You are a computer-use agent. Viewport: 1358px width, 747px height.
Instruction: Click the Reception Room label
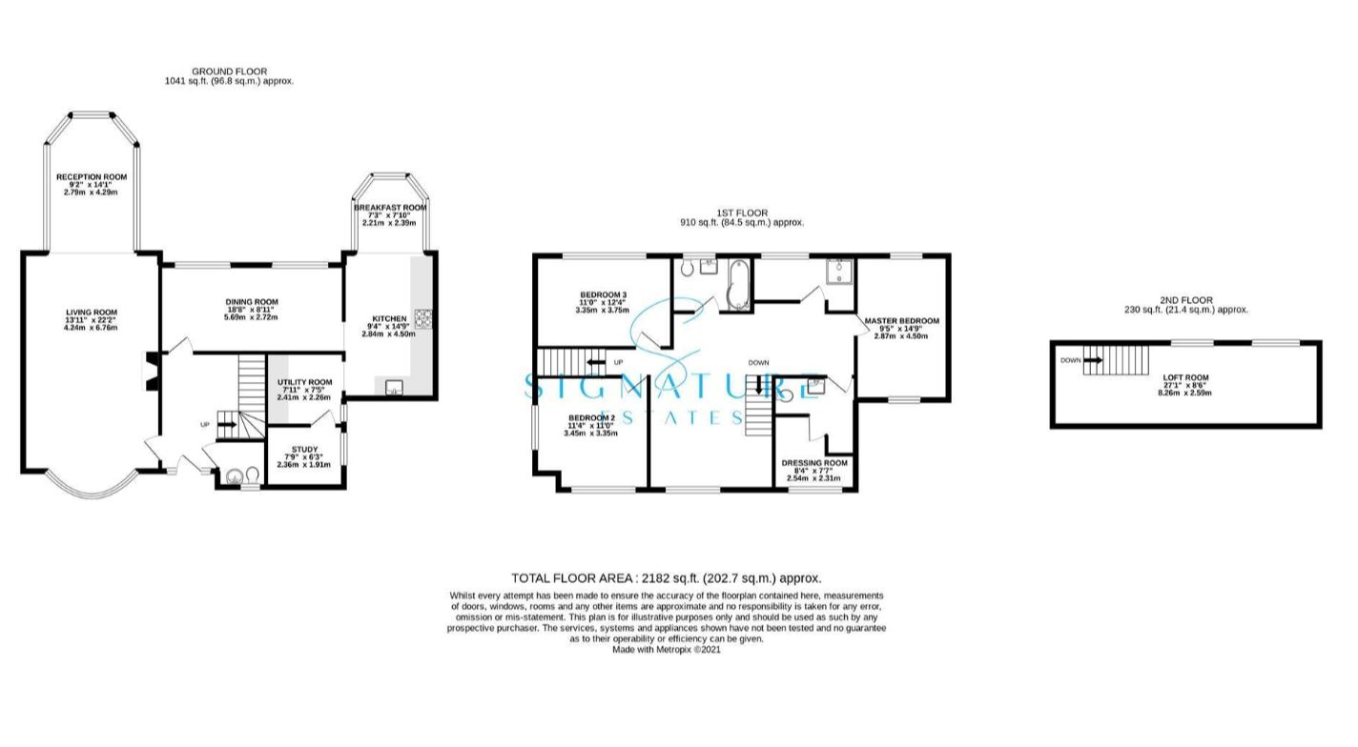[92, 177]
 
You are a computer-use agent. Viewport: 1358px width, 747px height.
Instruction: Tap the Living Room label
[92, 313]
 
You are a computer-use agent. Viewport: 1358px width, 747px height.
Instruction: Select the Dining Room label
[252, 302]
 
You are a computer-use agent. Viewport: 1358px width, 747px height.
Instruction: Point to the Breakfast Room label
[390, 207]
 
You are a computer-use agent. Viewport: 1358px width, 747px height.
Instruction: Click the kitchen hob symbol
[423, 318]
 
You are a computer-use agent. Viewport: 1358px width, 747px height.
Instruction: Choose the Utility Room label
[304, 382]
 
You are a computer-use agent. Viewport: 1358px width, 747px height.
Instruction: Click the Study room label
[304, 450]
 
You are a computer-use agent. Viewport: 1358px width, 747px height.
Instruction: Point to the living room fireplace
[150, 371]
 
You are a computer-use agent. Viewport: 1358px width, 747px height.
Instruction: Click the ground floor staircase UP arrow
[227, 425]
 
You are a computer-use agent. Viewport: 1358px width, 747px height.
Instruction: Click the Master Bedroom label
[901, 321]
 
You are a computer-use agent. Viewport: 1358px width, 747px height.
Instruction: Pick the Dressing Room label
[813, 463]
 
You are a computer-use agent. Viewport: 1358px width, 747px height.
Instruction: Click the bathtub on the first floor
[739, 285]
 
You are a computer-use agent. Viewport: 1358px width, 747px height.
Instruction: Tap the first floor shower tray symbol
[839, 272]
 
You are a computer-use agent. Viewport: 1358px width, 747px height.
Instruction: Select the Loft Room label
[1185, 377]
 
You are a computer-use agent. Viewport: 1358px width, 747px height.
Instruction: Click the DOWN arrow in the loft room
[1093, 360]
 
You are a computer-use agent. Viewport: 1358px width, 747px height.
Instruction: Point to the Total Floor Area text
[667, 578]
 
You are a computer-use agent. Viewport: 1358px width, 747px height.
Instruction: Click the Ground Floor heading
[229, 71]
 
